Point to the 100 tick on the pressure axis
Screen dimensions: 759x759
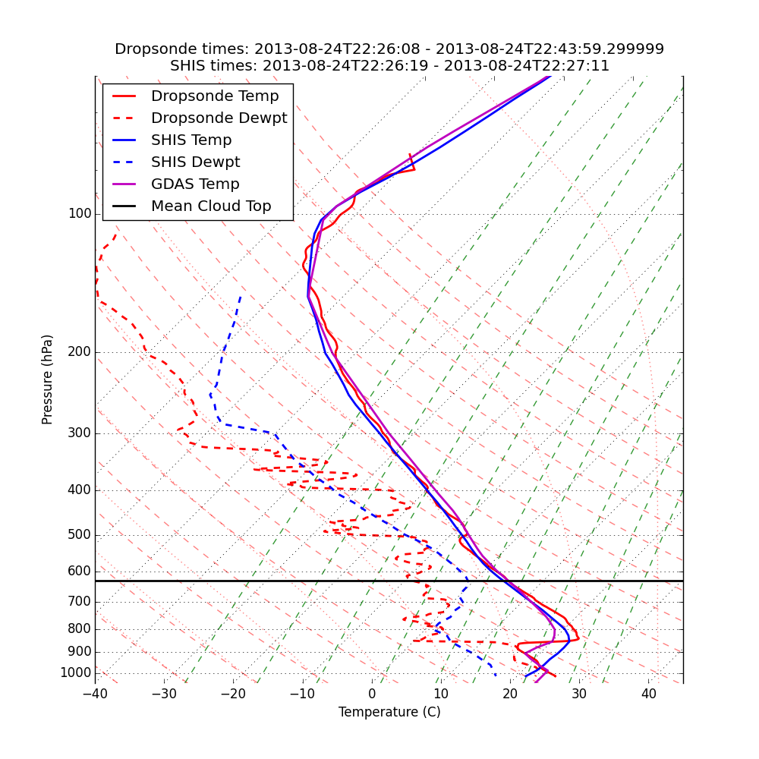pos(79,214)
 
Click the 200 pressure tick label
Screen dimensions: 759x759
pos(79,352)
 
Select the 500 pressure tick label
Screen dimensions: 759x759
pos(79,535)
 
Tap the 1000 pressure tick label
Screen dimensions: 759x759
pos(75,673)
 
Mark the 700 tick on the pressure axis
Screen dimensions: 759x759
pos(79,602)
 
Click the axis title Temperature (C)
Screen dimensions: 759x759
pos(389,713)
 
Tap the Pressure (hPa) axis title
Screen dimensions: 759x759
pos(48,379)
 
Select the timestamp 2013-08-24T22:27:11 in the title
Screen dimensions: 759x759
pos(527,66)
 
